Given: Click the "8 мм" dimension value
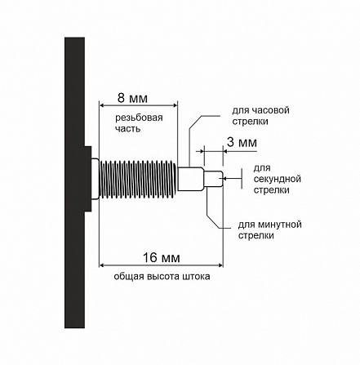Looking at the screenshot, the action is coord(132,98).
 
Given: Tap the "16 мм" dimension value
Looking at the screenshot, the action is coord(162,257).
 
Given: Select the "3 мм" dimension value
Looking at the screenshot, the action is coord(242,142).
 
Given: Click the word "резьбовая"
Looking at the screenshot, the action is coord(139,118).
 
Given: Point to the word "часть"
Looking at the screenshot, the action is coord(127,128).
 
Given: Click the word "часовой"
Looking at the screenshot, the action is coord(271,110).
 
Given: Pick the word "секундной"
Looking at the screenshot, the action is coord(278,179).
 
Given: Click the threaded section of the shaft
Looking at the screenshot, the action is coord(138,179).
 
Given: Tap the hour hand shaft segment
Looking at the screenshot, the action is coord(190,179).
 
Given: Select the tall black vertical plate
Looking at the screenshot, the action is coord(74,182).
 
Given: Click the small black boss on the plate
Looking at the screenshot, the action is coord(87,179).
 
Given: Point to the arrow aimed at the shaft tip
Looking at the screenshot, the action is coord(232,178).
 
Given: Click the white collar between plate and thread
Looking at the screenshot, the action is coord(95,179).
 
